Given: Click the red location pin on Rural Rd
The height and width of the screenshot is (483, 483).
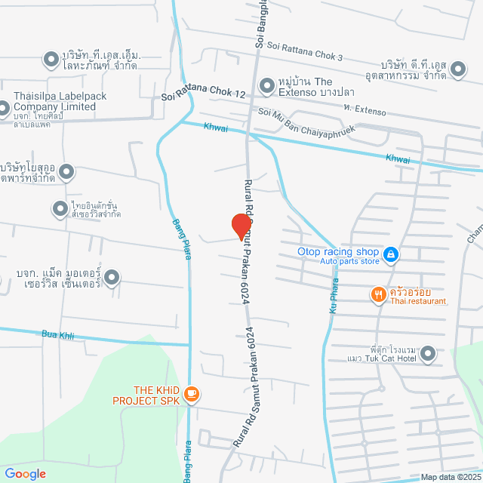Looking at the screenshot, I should pyautogui.click(x=241, y=224).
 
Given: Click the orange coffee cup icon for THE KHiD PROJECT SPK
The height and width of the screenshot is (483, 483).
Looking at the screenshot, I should pyautogui.click(x=192, y=393).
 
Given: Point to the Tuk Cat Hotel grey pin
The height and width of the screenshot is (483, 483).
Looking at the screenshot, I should pyautogui.click(x=428, y=352).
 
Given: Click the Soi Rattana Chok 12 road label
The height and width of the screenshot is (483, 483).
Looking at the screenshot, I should pyautogui.click(x=205, y=96).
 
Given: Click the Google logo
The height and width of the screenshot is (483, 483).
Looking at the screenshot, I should pyautogui.click(x=25, y=474).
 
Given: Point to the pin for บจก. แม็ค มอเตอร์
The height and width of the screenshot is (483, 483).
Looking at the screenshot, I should pyautogui.click(x=112, y=278).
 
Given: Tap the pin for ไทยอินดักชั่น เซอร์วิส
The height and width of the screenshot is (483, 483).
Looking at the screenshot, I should pyautogui.click(x=60, y=208).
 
